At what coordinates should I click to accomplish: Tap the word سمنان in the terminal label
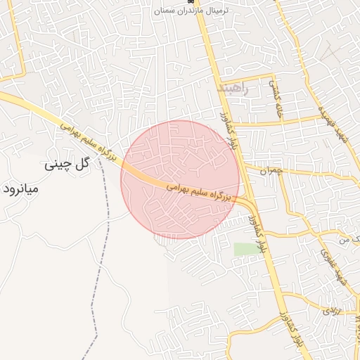pos(168,11)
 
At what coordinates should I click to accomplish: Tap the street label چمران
pos(270,170)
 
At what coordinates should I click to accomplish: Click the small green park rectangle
pos(245,250)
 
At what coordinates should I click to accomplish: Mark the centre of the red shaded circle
pos(180,179)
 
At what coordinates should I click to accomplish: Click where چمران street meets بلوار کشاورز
pos(243,169)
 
